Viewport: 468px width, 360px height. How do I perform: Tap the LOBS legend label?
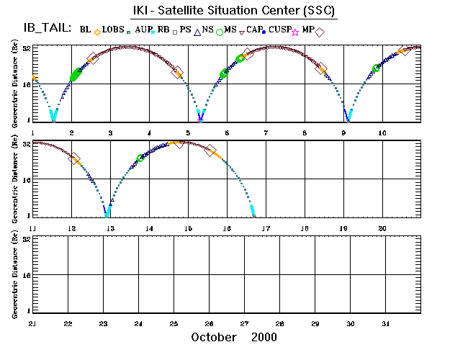click(113, 30)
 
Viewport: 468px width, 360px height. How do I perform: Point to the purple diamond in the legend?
click(320, 32)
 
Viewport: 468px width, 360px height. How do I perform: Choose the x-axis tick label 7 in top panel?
click(266, 133)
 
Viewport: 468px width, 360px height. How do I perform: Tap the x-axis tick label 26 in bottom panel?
click(209, 324)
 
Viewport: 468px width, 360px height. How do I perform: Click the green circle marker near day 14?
click(140, 158)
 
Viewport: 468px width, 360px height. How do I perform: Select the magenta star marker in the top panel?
click(200, 119)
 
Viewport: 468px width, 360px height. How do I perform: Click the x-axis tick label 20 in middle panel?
click(383, 228)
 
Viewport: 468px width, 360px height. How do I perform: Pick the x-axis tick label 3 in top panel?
click(110, 133)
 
